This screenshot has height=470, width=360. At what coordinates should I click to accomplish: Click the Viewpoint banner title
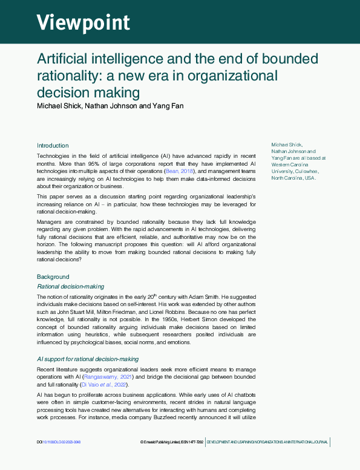83,22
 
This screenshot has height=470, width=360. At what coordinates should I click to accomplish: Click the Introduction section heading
53,146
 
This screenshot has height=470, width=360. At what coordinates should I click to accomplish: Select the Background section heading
53,277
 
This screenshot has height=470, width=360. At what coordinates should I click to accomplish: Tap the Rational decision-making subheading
70,286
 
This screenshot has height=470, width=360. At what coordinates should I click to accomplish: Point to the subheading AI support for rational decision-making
88,359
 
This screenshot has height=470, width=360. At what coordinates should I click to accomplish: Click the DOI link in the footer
59,442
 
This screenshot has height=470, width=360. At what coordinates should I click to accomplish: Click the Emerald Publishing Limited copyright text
164,442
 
